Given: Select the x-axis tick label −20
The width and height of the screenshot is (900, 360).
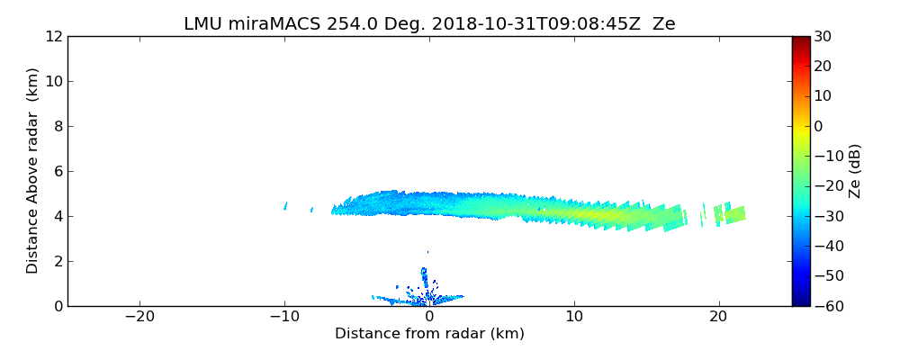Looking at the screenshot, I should coord(139,317).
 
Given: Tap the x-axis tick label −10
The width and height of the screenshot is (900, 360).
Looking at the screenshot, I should coord(284,317).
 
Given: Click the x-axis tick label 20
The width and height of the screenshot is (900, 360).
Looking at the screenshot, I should coord(718,317).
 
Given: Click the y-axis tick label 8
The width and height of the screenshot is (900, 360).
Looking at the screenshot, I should coord(57,127).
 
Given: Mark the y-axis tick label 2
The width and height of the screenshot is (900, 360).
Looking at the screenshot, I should coord(57,262).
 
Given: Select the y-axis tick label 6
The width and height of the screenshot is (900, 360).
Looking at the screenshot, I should coord(57,172).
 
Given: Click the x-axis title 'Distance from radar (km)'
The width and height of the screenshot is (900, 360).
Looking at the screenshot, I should coord(429,334).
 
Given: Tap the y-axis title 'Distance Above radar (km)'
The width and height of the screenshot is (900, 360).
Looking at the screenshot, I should coord(33,171).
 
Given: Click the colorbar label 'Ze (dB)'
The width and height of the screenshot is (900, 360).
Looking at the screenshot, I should coord(855,171).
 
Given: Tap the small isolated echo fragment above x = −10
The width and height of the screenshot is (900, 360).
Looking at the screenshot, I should coord(285,206).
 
